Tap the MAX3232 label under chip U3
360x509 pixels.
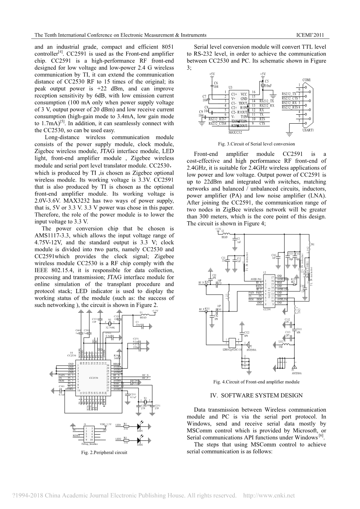(235, 133)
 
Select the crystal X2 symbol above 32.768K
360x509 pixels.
(110, 323)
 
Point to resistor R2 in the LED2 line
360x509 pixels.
(125, 440)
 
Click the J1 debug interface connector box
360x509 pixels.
(89, 433)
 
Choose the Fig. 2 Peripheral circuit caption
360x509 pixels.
(104, 452)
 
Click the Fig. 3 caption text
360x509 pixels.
(256, 144)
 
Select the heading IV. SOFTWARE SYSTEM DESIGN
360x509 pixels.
(256, 395)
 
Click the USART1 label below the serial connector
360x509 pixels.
(308, 130)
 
